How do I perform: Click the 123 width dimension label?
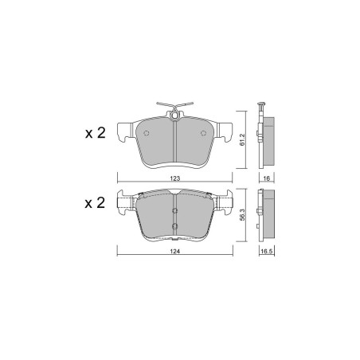(175, 178)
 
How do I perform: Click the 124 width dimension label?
(175, 252)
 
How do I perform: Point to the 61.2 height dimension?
(242, 139)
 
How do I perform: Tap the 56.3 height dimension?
(242, 214)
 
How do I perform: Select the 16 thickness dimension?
(267, 178)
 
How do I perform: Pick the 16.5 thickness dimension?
(267, 252)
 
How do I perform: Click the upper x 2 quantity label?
(96, 133)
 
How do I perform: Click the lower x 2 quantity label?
(95, 203)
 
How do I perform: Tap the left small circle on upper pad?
(146, 133)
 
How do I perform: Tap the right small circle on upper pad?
(203, 133)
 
